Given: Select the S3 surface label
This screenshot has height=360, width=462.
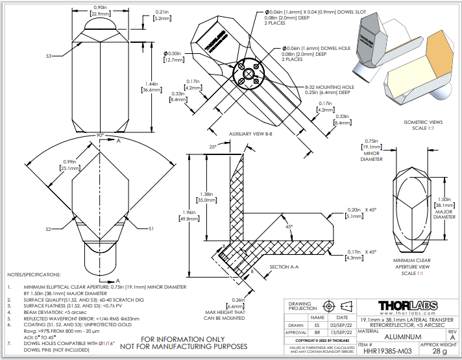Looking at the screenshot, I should coord(49,56).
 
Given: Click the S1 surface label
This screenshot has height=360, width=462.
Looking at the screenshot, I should coord(151,229).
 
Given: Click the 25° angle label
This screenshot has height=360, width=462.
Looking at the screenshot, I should coord(213,148).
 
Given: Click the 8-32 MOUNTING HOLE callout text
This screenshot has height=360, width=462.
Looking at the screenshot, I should coord(330,86).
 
